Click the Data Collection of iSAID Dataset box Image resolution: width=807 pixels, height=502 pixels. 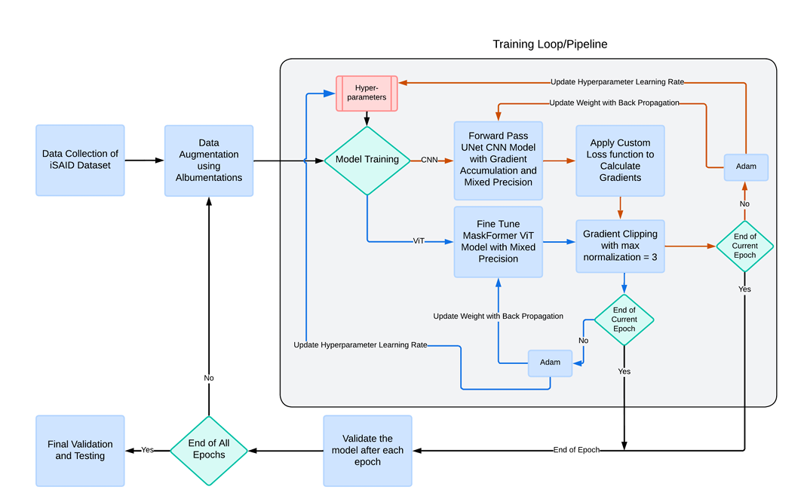(80, 160)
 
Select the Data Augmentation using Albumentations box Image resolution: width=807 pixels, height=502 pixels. (209, 160)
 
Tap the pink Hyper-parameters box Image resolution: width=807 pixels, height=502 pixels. (367, 93)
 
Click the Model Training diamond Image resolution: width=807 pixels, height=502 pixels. (367, 160)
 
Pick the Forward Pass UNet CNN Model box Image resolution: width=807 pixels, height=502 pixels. (498, 159)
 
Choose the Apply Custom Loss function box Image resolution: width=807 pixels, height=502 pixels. (620, 160)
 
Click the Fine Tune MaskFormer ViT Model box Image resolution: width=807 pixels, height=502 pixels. (498, 241)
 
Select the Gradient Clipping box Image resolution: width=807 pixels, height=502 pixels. (620, 245)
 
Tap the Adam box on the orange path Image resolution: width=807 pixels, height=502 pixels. (746, 167)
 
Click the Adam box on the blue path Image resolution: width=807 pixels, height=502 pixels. (550, 363)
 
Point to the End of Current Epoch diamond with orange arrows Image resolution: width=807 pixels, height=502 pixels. (745, 246)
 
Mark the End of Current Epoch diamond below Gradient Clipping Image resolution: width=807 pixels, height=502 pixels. (624, 320)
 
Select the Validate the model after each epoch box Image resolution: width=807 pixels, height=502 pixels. (367, 450)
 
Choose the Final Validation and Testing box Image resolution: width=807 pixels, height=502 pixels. (80, 450)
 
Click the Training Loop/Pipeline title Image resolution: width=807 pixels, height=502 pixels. (550, 44)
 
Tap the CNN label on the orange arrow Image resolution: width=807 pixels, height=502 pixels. (429, 160)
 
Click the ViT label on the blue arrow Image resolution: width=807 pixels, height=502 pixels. (419, 241)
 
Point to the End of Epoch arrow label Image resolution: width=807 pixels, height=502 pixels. (576, 450)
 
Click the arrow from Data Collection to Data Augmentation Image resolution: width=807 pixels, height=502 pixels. (144, 160)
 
